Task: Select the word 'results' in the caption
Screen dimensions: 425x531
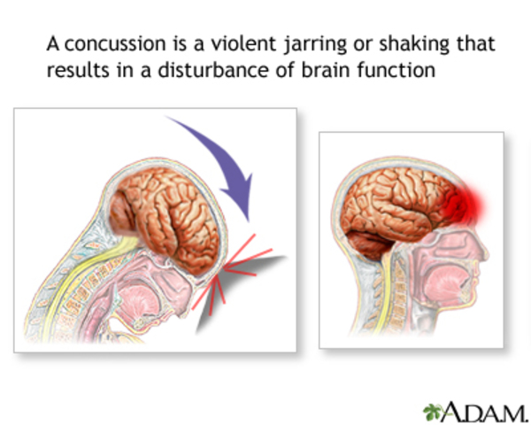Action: (76, 70)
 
